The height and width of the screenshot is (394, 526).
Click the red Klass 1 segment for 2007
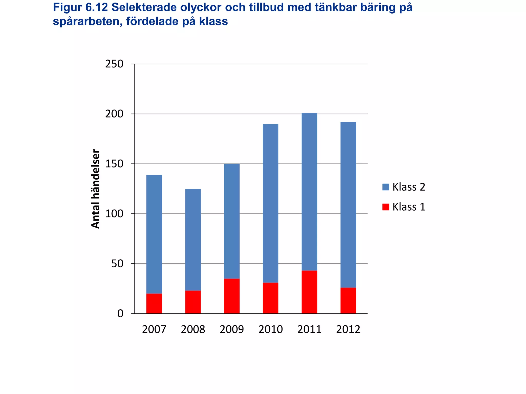click(x=154, y=303)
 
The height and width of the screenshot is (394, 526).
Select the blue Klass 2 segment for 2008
click(x=193, y=240)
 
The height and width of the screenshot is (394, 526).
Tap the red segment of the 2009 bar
click(x=232, y=296)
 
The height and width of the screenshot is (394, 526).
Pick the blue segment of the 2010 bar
click(x=270, y=203)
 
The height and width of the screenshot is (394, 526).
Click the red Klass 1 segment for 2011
click(x=309, y=292)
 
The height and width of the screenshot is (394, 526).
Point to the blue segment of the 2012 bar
click(x=348, y=205)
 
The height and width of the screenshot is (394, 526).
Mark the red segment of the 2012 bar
click(x=348, y=300)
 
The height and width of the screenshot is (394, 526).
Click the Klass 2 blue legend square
click(x=386, y=187)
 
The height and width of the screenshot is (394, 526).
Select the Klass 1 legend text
click(x=409, y=207)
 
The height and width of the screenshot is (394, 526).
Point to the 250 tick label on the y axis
click(x=114, y=64)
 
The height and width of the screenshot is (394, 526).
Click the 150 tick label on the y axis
click(x=114, y=164)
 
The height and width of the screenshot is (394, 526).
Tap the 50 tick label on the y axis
click(x=117, y=264)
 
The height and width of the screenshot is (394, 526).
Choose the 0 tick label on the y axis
click(x=120, y=314)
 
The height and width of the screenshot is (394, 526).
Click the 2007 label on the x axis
click(x=154, y=329)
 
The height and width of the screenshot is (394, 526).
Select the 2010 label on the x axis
click(x=270, y=329)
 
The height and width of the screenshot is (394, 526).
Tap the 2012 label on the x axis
click(x=348, y=329)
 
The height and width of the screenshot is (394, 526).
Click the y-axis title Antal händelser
click(x=96, y=189)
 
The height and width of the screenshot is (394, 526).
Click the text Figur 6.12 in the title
click(x=80, y=8)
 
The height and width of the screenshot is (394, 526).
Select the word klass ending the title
click(x=213, y=22)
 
